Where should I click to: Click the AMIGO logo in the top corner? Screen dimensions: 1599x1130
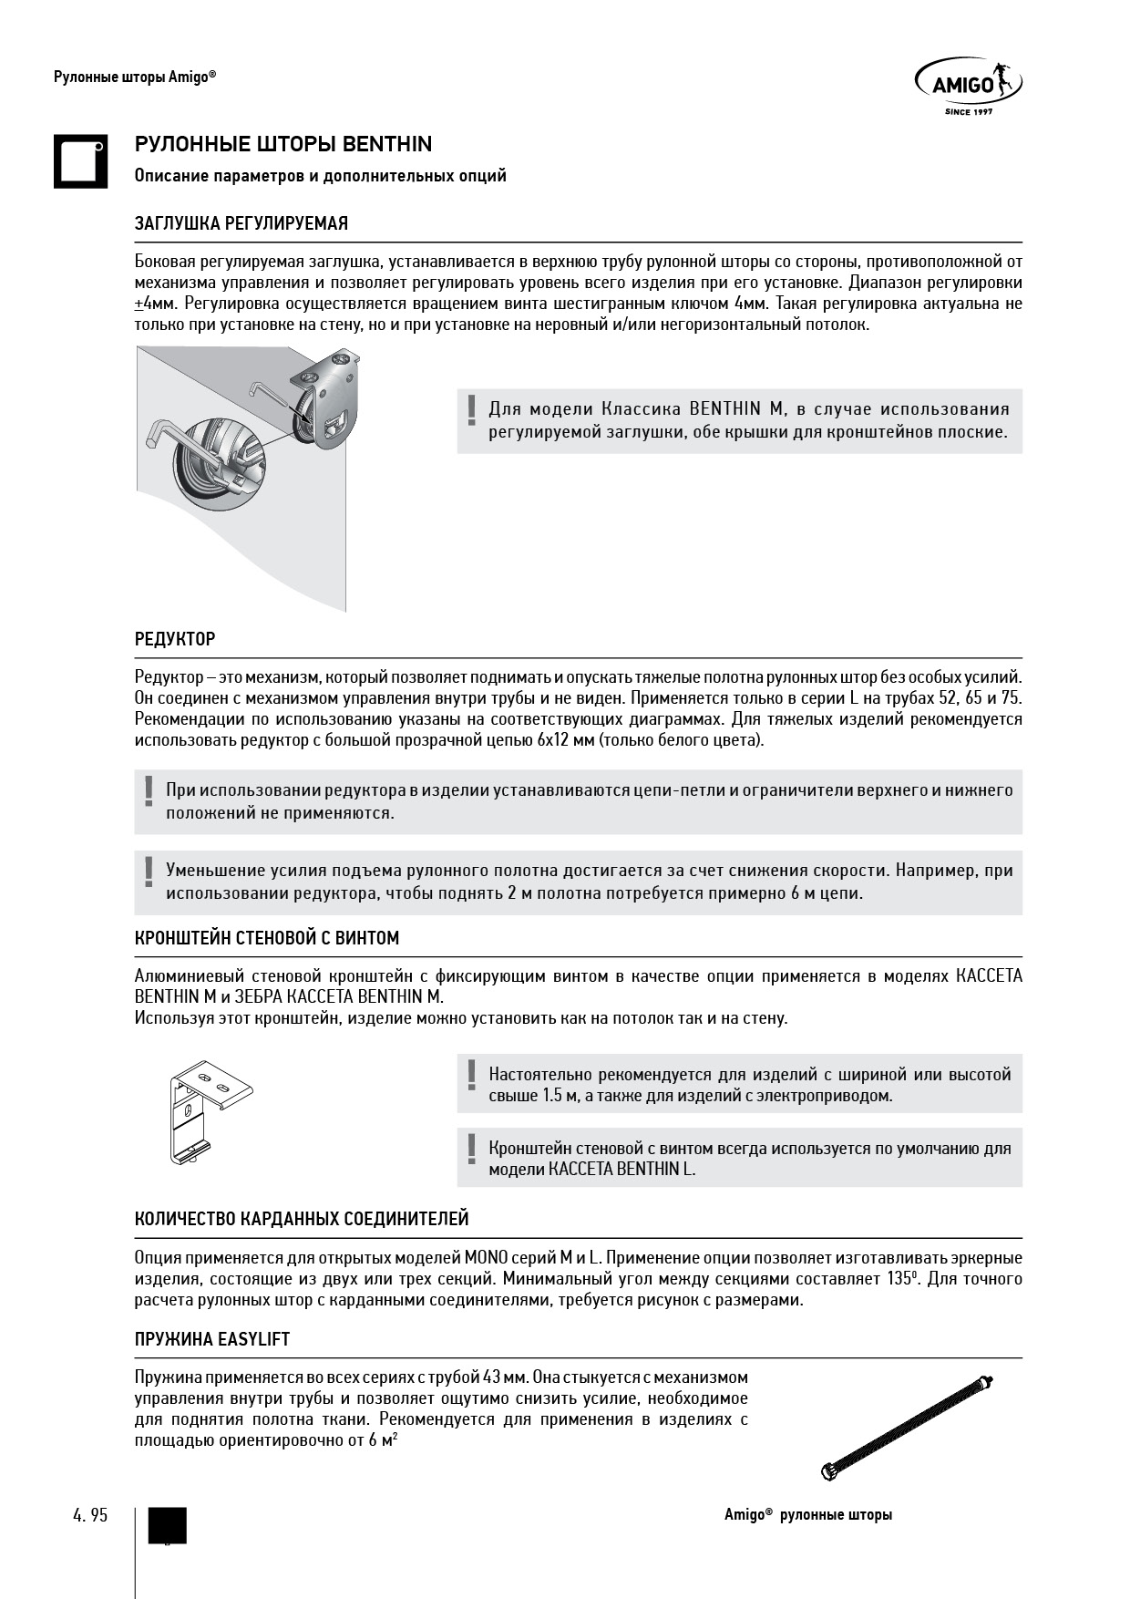pos(967,88)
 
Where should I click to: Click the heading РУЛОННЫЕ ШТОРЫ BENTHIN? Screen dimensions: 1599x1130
pos(283,144)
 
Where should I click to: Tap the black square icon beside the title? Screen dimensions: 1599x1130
pos(80,161)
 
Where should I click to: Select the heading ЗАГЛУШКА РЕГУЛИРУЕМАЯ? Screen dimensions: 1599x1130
pos(241,223)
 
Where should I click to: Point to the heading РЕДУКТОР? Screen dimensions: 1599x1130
pos(175,639)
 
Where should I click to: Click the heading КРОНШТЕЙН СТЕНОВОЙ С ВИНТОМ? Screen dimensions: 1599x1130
pos(267,938)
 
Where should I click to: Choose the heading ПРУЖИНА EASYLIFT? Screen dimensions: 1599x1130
pos(212,1339)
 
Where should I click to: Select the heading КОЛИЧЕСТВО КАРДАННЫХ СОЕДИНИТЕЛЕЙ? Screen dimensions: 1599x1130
pos(302,1219)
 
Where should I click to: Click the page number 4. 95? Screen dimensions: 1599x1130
pos(90,1514)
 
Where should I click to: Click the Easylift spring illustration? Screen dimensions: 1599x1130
pos(907,1426)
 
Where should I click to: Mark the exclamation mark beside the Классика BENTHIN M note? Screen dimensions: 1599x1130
pos(471,409)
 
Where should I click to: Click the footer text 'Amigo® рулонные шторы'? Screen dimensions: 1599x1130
pos(808,1514)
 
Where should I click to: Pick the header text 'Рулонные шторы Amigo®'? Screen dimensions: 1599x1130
pos(135,77)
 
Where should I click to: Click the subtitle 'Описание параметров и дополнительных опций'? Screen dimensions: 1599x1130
pos(320,175)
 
